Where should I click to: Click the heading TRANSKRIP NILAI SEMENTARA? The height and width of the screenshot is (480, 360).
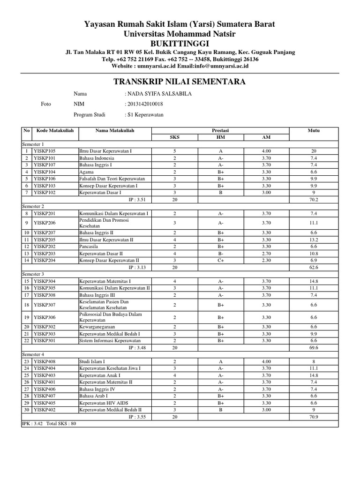click(x=180, y=82)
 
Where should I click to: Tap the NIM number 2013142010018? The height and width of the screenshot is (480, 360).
click(x=145, y=104)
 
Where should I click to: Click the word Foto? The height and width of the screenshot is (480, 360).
click(x=46, y=104)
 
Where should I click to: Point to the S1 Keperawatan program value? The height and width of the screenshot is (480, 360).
click(x=145, y=114)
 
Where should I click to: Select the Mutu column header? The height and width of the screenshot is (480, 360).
click(x=314, y=130)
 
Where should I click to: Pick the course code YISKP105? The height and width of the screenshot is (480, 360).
click(x=45, y=151)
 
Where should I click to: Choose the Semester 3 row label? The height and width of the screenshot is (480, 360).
click(x=33, y=274)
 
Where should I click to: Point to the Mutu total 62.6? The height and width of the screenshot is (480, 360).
click(x=314, y=267)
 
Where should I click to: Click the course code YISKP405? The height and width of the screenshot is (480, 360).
click(x=45, y=403)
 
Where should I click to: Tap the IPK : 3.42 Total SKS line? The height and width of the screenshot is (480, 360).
click(x=49, y=423)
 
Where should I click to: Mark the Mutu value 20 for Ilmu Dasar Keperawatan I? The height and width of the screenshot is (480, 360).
click(x=314, y=151)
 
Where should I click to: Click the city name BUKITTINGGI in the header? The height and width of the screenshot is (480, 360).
click(x=180, y=43)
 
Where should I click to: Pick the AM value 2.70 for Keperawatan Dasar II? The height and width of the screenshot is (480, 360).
click(x=267, y=253)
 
